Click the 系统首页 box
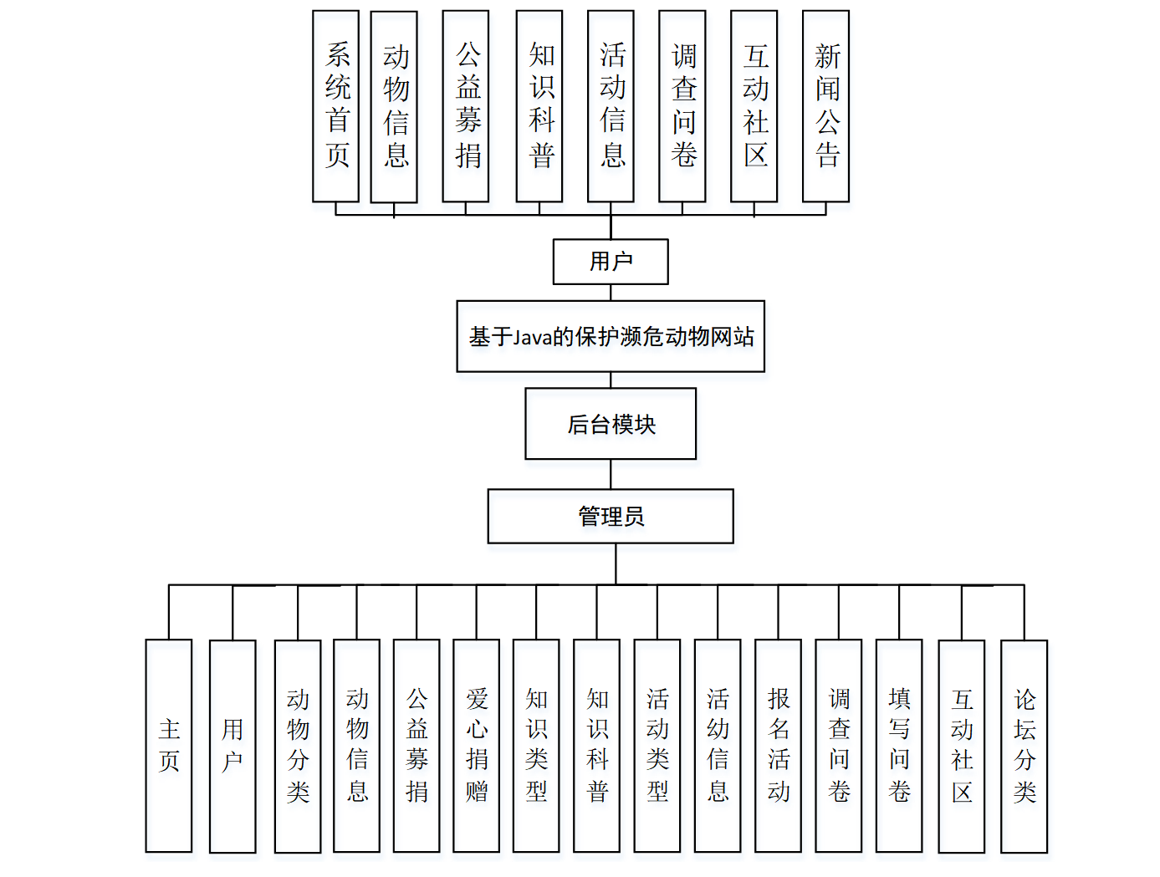pyautogui.click(x=335, y=106)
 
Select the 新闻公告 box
pyautogui.click(x=825, y=106)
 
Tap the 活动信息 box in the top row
pyautogui.click(x=611, y=106)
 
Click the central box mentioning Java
pyautogui.click(x=611, y=336)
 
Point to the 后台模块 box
pyautogui.click(x=611, y=424)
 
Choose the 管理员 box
pyautogui.click(x=611, y=516)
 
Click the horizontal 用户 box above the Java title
pyautogui.click(x=611, y=262)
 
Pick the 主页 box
pyautogui.click(x=169, y=746)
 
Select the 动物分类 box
pyautogui.click(x=298, y=746)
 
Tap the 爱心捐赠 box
pyautogui.click(x=476, y=746)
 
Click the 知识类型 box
pyautogui.click(x=536, y=746)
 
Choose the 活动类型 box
pyautogui.click(x=657, y=746)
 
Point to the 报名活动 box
pyautogui.click(x=778, y=746)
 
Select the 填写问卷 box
pyautogui.click(x=899, y=746)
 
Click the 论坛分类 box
pyautogui.click(x=1024, y=746)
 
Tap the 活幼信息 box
pyautogui.click(x=718, y=746)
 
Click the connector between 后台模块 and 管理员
pyautogui.click(x=611, y=474)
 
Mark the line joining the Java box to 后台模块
pyautogui.click(x=611, y=380)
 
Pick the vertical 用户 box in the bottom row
pyautogui.click(x=233, y=746)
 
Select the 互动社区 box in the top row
pyautogui.click(x=754, y=106)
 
